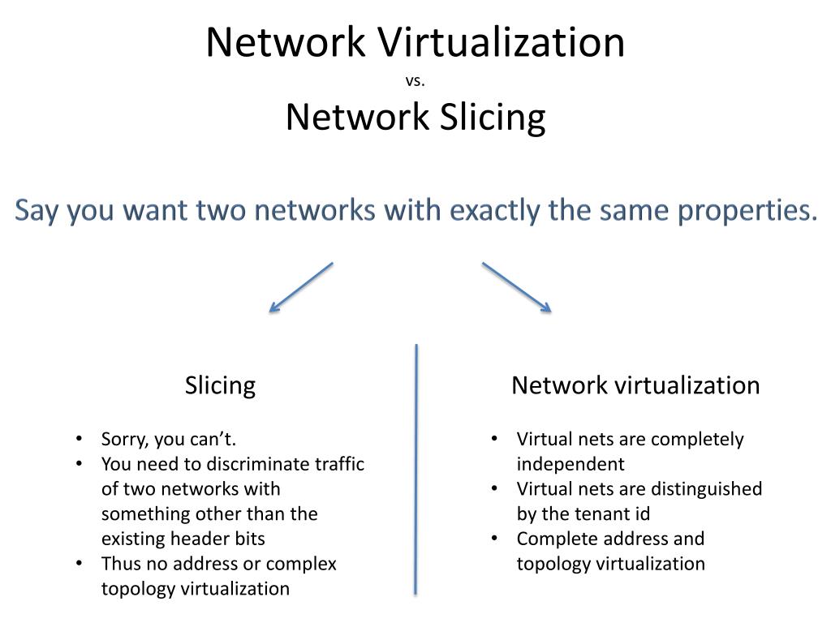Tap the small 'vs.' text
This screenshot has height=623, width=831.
(415, 80)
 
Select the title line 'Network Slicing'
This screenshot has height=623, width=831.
(415, 117)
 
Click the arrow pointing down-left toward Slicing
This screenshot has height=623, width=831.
(301, 286)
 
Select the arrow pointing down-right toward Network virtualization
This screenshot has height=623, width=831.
(517, 286)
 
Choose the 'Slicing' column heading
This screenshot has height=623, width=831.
(220, 385)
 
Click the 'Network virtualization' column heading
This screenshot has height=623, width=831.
(635, 385)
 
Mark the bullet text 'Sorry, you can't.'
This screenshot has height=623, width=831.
(169, 440)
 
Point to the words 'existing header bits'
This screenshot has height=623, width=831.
(183, 539)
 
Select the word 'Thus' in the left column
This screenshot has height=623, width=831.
(118, 564)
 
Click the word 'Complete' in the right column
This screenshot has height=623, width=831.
(553, 539)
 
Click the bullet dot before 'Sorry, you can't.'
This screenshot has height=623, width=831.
(80, 440)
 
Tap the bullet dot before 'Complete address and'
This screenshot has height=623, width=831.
(495, 539)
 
